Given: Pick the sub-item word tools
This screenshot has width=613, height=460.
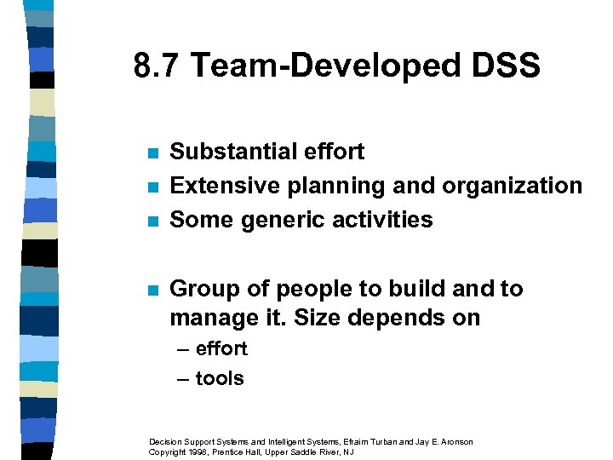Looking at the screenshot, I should [220, 378].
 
